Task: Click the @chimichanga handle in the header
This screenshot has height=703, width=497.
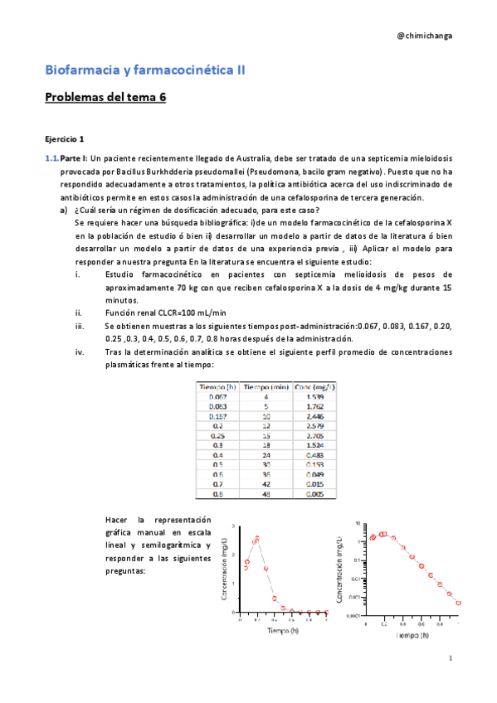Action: (x=425, y=36)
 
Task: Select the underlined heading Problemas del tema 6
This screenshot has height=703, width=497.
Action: (x=105, y=97)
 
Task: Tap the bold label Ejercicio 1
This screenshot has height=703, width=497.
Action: (x=65, y=138)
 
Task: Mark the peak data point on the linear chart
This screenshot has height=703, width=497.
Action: (x=257, y=538)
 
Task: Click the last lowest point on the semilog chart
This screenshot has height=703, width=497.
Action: (x=459, y=603)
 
